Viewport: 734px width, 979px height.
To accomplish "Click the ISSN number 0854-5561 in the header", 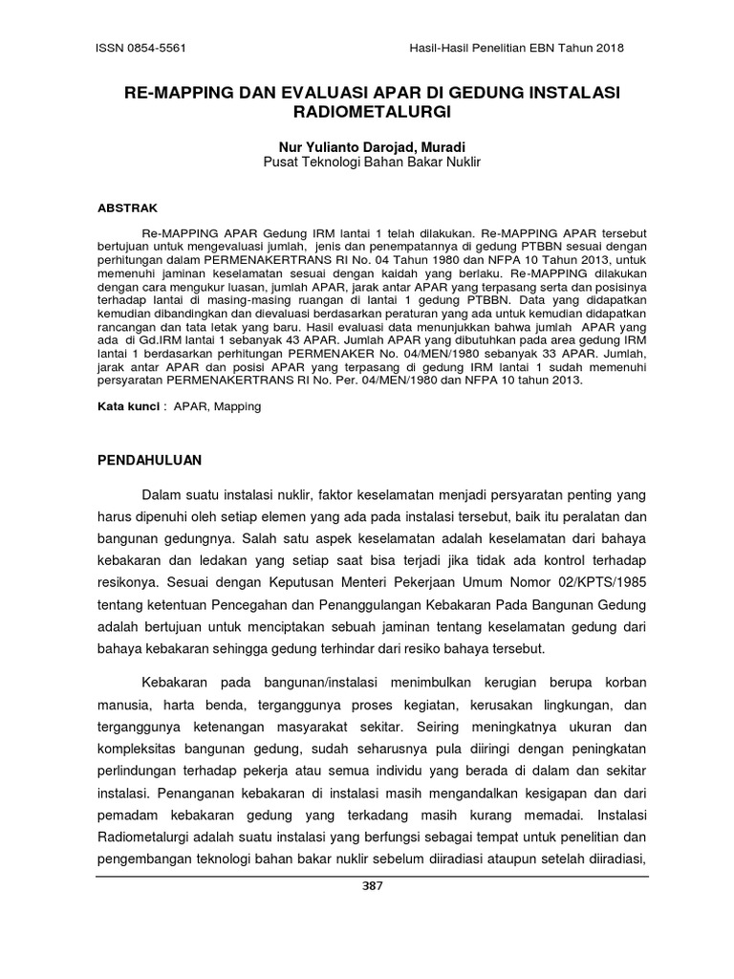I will click(154, 48).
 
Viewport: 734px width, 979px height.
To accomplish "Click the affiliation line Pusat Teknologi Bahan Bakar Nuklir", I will click(372, 163).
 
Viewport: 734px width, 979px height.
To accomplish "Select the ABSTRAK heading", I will click(128, 207).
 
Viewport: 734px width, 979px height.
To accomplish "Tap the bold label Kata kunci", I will click(129, 406).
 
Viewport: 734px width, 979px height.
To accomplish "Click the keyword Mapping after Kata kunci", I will click(237, 406).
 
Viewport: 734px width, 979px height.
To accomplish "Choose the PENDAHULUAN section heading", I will click(151, 460).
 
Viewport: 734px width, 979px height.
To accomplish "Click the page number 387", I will click(373, 886).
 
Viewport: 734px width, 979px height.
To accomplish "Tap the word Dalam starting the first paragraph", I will click(162, 494).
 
